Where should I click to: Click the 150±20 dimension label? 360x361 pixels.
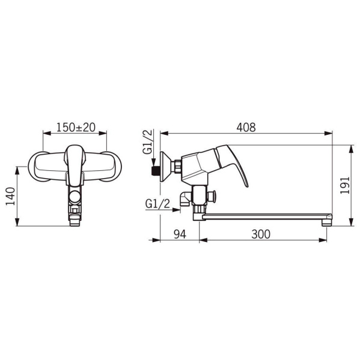click(76, 128)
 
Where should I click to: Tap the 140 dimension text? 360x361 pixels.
click(10, 196)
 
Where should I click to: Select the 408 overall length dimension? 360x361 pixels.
click(246, 128)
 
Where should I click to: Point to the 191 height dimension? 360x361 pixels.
click(345, 185)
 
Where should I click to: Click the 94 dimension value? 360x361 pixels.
click(180, 234)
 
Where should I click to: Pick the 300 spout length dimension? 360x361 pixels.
click(261, 234)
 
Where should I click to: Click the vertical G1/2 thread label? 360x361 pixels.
click(148, 141)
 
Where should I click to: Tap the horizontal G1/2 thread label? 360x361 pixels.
click(157, 203)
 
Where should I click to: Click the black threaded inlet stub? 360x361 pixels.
click(156, 171)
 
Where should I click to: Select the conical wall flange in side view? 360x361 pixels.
click(166, 166)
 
